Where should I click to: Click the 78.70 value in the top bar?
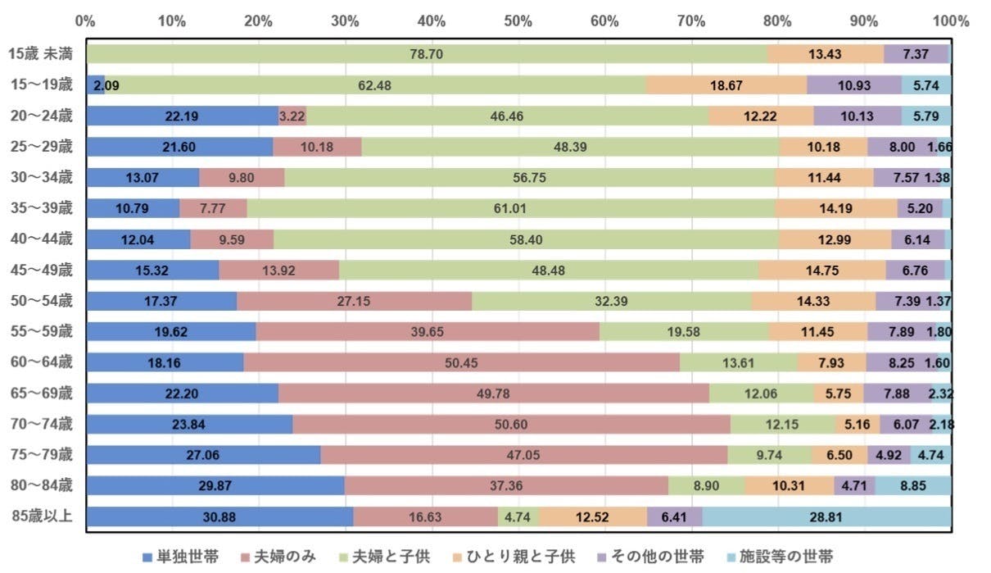click(x=428, y=54)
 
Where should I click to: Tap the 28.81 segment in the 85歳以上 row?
click(x=826, y=517)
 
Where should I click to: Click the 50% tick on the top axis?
click(x=518, y=20)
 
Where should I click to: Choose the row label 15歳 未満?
click(x=43, y=54)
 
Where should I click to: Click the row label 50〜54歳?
click(x=43, y=301)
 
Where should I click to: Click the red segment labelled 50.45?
click(x=461, y=363)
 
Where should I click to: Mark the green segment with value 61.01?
click(x=510, y=208)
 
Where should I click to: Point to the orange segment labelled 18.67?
click(x=726, y=85)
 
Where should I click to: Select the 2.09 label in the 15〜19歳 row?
click(x=98, y=85)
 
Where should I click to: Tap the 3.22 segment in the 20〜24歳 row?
click(x=292, y=116)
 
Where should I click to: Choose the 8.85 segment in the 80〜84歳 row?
click(x=912, y=486)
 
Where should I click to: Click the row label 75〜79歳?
click(x=43, y=455)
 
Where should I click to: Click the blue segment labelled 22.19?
click(x=183, y=116)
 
